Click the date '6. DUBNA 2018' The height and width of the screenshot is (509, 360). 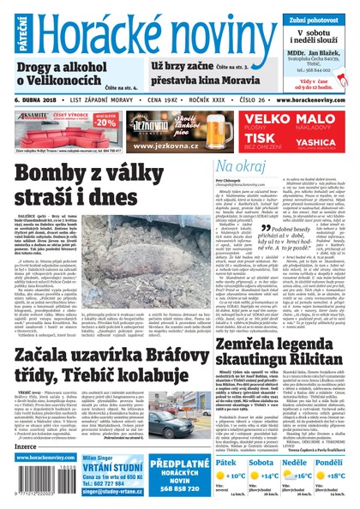(x=39, y=100)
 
